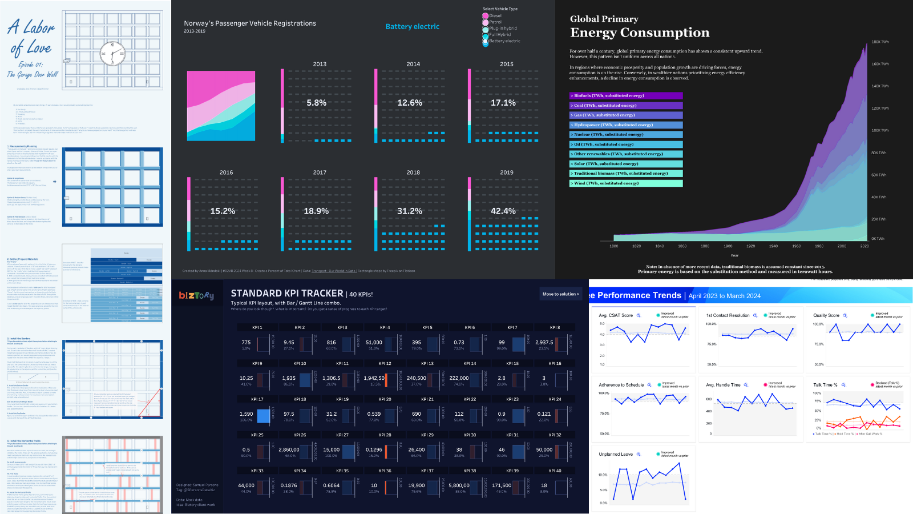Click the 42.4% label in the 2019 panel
click(503, 211)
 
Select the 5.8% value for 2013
click(316, 103)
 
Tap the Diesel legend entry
click(495, 16)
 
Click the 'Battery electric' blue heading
click(412, 27)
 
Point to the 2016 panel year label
click(226, 172)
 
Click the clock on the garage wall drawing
click(112, 54)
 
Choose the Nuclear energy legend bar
click(625, 135)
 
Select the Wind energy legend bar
click(625, 183)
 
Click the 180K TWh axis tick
click(880, 42)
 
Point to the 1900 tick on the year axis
click(728, 246)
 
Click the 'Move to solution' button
click(560, 294)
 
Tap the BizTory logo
click(196, 295)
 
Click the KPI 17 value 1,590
click(246, 414)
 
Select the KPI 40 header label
click(555, 471)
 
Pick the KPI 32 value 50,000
click(544, 449)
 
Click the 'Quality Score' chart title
click(826, 315)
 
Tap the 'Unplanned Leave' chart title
click(615, 455)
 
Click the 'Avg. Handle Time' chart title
click(723, 385)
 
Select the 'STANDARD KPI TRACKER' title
click(286, 294)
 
